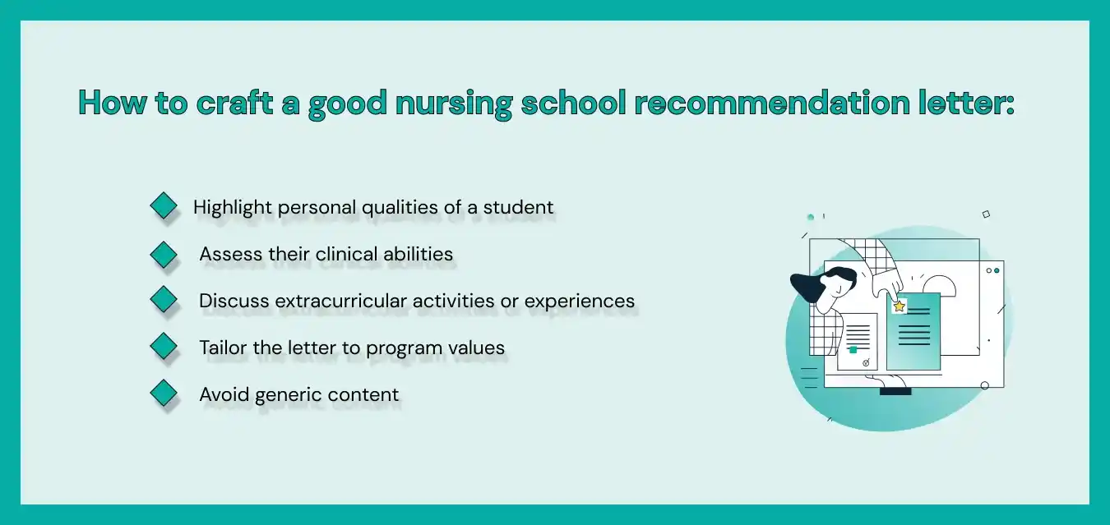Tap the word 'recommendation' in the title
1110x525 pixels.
(771, 103)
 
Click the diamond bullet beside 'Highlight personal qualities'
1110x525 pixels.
(164, 205)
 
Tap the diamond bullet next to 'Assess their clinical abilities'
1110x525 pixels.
(164, 254)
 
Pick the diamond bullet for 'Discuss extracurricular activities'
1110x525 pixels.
(164, 299)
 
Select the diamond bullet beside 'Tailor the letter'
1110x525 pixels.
(164, 346)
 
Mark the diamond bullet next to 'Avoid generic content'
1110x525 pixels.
(164, 393)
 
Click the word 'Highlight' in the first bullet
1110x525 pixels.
(233, 208)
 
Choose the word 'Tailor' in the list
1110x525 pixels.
(223, 348)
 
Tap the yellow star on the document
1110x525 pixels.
(900, 306)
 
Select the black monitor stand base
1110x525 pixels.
(895, 391)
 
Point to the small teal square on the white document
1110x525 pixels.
(853, 350)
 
